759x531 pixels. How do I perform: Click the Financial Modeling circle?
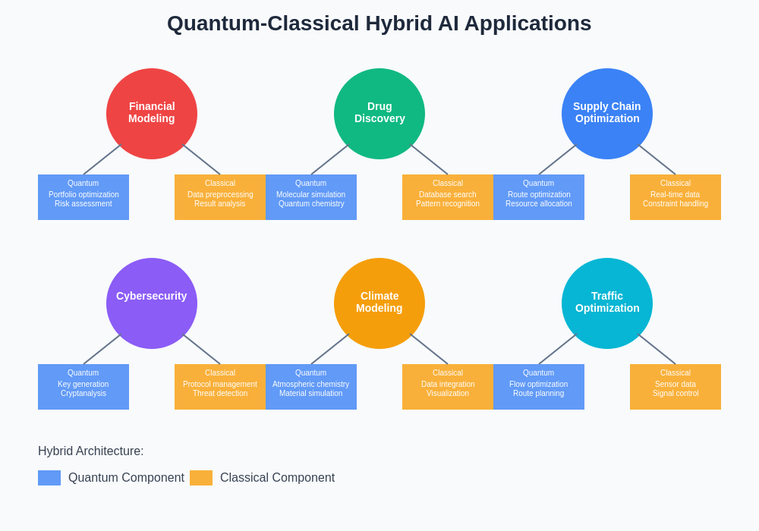click(x=152, y=114)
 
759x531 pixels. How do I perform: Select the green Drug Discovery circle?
click(x=379, y=114)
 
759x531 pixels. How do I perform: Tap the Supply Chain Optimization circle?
click(x=607, y=114)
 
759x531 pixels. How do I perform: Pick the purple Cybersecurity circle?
click(x=152, y=303)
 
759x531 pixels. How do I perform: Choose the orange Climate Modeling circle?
click(x=379, y=303)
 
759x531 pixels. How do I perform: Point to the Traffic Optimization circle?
click(x=607, y=303)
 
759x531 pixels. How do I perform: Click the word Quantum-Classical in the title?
click(x=263, y=24)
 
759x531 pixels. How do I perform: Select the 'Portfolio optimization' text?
click(x=83, y=195)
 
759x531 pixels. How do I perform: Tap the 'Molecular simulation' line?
click(x=310, y=195)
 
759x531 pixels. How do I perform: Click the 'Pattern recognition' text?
click(x=448, y=204)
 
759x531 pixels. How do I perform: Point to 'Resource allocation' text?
click(x=539, y=204)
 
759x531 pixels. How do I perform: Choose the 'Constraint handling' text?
click(x=676, y=204)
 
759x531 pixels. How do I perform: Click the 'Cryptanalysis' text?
click(x=83, y=394)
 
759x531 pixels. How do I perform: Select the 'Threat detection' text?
click(x=220, y=394)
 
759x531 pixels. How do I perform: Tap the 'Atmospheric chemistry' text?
click(x=310, y=385)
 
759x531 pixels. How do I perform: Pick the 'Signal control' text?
click(x=676, y=394)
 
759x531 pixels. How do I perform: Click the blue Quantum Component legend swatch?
click(x=49, y=478)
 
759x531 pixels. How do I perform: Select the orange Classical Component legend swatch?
click(x=201, y=478)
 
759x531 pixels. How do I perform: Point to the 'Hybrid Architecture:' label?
click(x=91, y=451)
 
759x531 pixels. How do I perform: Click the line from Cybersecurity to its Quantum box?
click(x=102, y=350)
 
